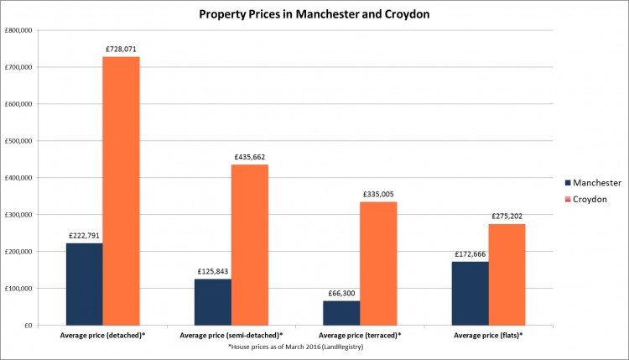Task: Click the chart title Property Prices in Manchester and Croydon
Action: point(314,14)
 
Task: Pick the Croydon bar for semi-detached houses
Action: point(249,244)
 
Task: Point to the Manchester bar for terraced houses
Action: point(341,313)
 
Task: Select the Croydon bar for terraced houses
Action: point(378,263)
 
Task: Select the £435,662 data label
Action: point(251,158)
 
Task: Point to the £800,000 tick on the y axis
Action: point(18,30)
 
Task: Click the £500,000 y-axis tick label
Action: point(18,141)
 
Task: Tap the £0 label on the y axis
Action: point(27,326)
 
